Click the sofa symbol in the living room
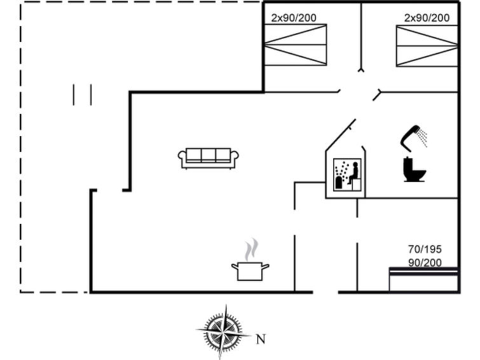click(x=209, y=158)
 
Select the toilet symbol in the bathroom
click(x=415, y=169)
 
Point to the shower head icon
click(x=410, y=138)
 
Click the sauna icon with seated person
click(x=347, y=175)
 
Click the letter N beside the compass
click(x=261, y=339)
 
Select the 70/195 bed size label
click(x=425, y=249)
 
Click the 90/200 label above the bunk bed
click(x=425, y=263)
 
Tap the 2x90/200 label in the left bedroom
click(x=294, y=18)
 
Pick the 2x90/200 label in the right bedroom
click(x=427, y=18)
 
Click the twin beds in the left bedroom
click(x=296, y=45)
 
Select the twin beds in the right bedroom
click(x=427, y=46)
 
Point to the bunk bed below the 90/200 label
click(x=423, y=279)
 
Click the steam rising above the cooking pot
click(x=251, y=249)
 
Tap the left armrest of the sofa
click(x=182, y=156)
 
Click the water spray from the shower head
click(x=423, y=138)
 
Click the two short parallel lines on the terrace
click(x=83, y=95)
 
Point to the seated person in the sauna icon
click(x=353, y=173)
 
